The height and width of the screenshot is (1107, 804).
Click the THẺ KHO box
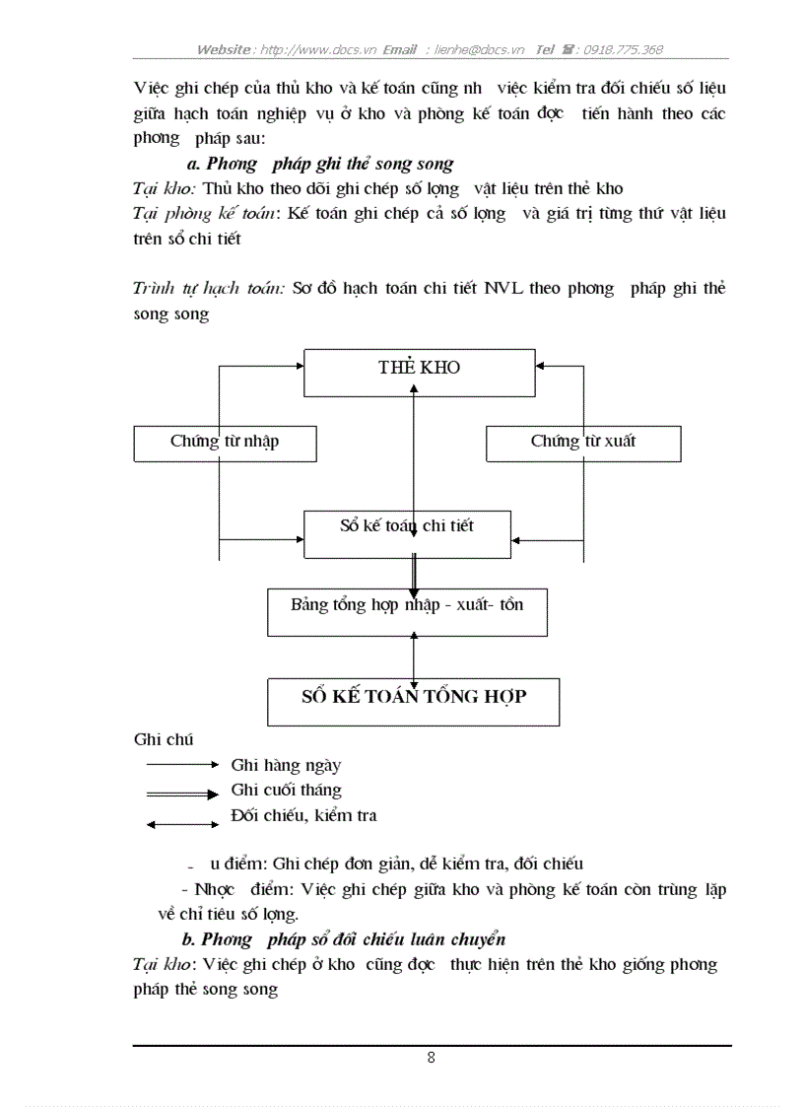click(x=419, y=367)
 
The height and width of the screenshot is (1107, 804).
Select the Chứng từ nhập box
click(x=225, y=442)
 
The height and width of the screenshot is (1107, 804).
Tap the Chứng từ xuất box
click(x=582, y=442)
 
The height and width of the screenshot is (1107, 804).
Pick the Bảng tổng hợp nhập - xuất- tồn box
click(x=406, y=611)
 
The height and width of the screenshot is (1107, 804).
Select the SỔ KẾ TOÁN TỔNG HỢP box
click(x=413, y=701)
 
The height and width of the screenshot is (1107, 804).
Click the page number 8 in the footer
click(x=432, y=1059)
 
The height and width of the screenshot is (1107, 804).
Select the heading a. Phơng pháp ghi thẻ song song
click(x=319, y=164)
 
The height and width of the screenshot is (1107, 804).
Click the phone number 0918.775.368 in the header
click(x=623, y=49)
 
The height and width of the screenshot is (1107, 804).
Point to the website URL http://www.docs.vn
click(x=317, y=49)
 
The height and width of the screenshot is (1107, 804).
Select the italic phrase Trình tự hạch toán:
click(x=209, y=289)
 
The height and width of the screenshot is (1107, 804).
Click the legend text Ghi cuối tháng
click(x=286, y=790)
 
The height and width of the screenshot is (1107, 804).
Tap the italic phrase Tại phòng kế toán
click(x=204, y=213)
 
